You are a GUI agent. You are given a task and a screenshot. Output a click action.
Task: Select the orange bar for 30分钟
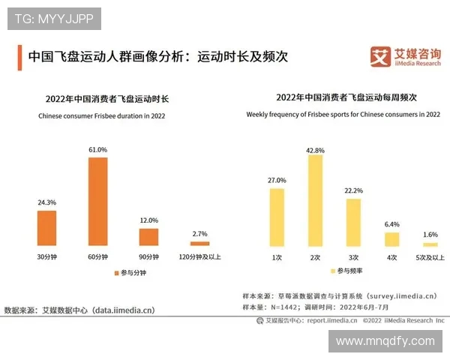pyautogui.click(x=47, y=227)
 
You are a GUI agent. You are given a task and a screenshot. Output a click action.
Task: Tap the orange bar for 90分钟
pyautogui.click(x=148, y=237)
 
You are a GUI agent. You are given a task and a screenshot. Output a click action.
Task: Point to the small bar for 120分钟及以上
pyautogui.click(x=199, y=243)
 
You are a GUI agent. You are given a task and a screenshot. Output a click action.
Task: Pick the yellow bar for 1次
pyautogui.click(x=277, y=217)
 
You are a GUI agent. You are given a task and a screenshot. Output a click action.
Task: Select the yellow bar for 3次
pyautogui.click(x=353, y=222)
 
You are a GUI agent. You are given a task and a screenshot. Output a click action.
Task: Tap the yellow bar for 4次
pyautogui.click(x=391, y=239)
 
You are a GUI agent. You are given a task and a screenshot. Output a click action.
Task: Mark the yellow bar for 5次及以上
pyautogui.click(x=430, y=244)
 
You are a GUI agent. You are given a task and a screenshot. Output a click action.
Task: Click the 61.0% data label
pyautogui.click(x=98, y=150)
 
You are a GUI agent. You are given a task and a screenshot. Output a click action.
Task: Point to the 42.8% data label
pyautogui.click(x=316, y=149)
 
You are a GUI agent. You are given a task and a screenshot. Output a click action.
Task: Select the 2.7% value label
pyautogui.click(x=199, y=235)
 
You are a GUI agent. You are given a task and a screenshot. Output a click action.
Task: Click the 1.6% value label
pyautogui.click(x=430, y=235)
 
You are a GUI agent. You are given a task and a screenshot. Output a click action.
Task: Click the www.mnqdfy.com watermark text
pyautogui.click(x=385, y=341)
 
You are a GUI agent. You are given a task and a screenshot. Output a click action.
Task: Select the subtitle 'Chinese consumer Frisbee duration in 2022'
pyautogui.click(x=102, y=116)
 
